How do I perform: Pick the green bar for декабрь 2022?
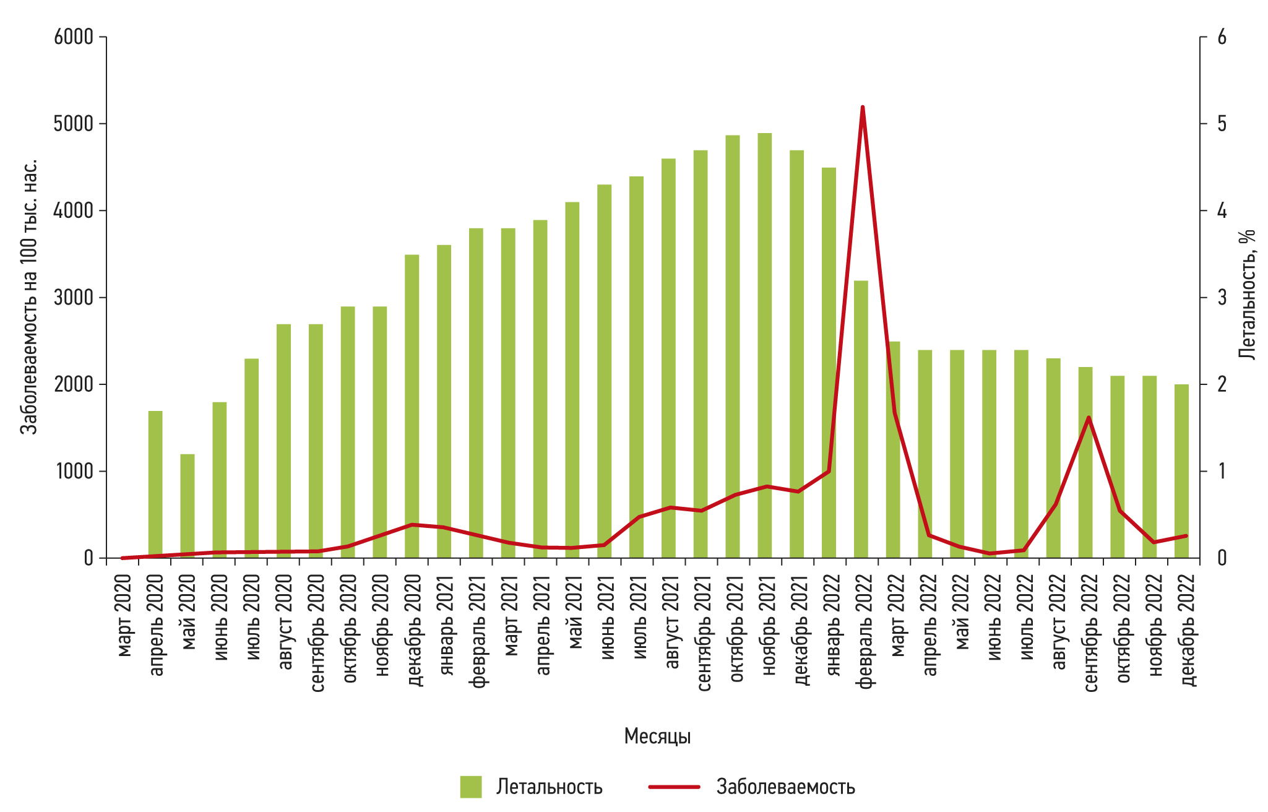click(1181, 470)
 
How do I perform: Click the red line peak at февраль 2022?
click(862, 108)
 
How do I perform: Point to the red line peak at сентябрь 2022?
click(1088, 418)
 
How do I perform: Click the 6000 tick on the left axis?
click(73, 37)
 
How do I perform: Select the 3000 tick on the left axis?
click(73, 298)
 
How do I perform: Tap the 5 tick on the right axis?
click(1222, 124)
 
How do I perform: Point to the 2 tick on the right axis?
click(1222, 384)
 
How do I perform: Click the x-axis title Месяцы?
click(657, 736)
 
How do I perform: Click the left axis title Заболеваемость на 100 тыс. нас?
click(29, 297)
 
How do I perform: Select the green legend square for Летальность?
click(470, 787)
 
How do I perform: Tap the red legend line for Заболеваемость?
click(674, 787)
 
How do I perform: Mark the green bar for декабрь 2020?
click(412, 406)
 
